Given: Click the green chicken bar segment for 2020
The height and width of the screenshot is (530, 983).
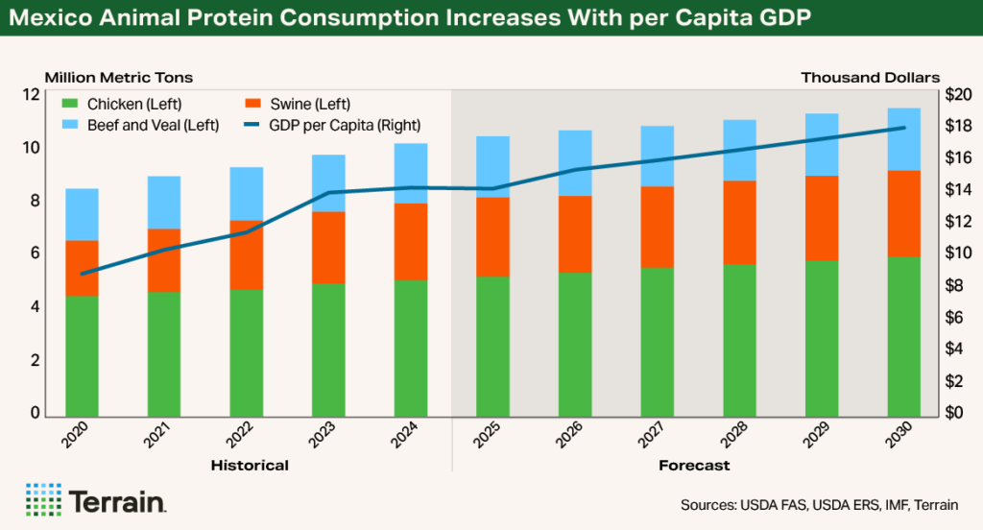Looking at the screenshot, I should click(82, 355).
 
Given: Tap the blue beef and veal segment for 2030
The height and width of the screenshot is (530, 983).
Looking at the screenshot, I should click(903, 139).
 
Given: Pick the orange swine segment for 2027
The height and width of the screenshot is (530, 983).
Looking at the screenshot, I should click(657, 227).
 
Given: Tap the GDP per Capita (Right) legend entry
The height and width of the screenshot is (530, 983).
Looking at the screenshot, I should click(332, 125).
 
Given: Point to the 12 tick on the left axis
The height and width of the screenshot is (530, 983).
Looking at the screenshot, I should click(32, 95).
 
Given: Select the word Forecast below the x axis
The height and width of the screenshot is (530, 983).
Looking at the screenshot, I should click(694, 466).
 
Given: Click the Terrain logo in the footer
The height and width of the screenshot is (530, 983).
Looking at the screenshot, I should click(96, 500).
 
